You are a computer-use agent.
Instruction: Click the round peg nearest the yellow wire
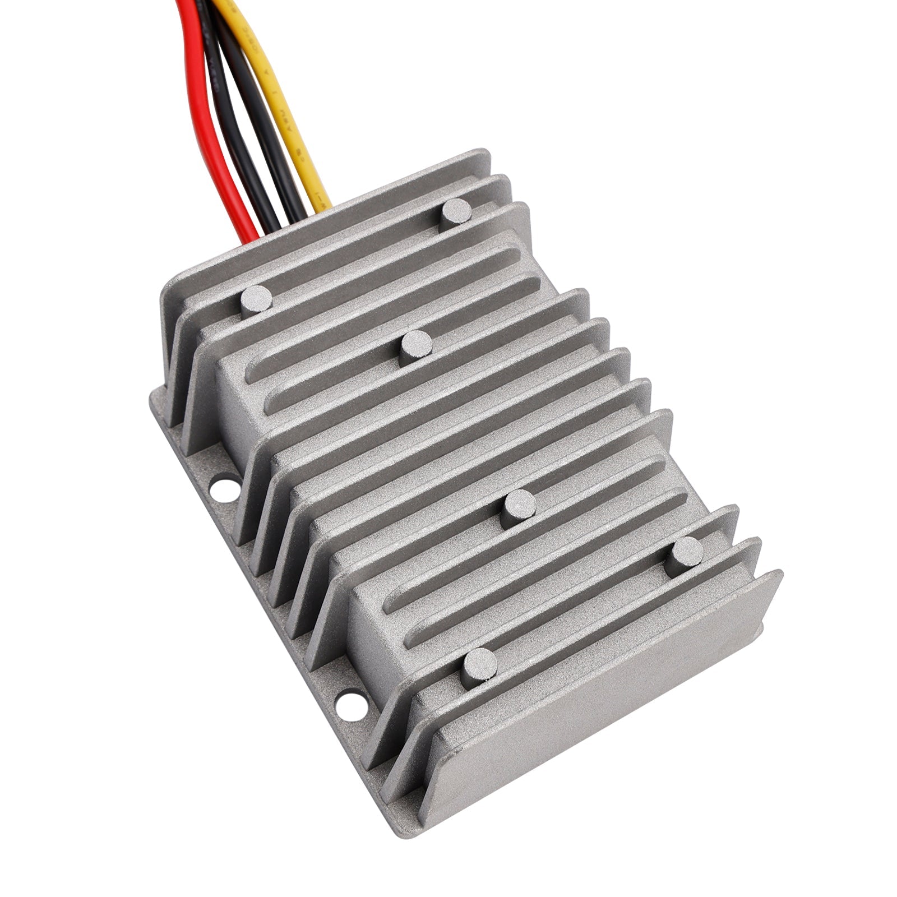456,215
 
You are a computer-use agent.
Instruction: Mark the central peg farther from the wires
519,508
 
